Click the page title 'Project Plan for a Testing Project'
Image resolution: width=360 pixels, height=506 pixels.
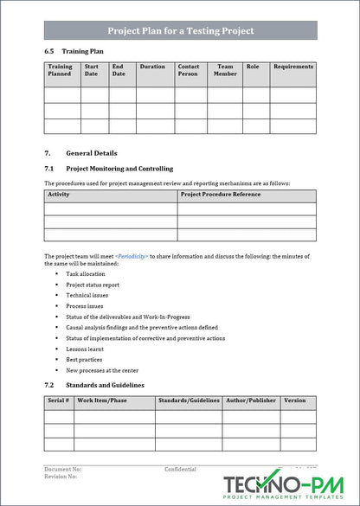click(x=180, y=30)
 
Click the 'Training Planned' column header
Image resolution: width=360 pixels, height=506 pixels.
click(x=61, y=70)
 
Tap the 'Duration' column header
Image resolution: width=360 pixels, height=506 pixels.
click(x=152, y=67)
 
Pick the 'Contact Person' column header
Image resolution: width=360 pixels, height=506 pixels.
click(x=188, y=70)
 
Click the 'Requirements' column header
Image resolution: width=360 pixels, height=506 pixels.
click(x=292, y=67)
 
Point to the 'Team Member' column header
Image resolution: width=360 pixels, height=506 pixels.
click(x=225, y=70)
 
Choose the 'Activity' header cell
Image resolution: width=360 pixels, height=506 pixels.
click(x=59, y=195)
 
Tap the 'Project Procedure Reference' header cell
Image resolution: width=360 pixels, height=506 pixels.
click(x=220, y=195)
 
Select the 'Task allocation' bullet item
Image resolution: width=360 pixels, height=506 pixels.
click(x=86, y=274)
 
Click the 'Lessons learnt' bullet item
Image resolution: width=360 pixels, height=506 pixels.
click(x=85, y=349)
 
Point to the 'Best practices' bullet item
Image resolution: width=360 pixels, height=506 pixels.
click(x=84, y=359)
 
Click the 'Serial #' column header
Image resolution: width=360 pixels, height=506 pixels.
click(x=58, y=400)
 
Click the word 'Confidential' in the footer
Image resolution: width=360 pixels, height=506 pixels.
click(x=180, y=469)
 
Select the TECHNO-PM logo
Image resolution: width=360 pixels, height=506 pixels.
click(x=286, y=487)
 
